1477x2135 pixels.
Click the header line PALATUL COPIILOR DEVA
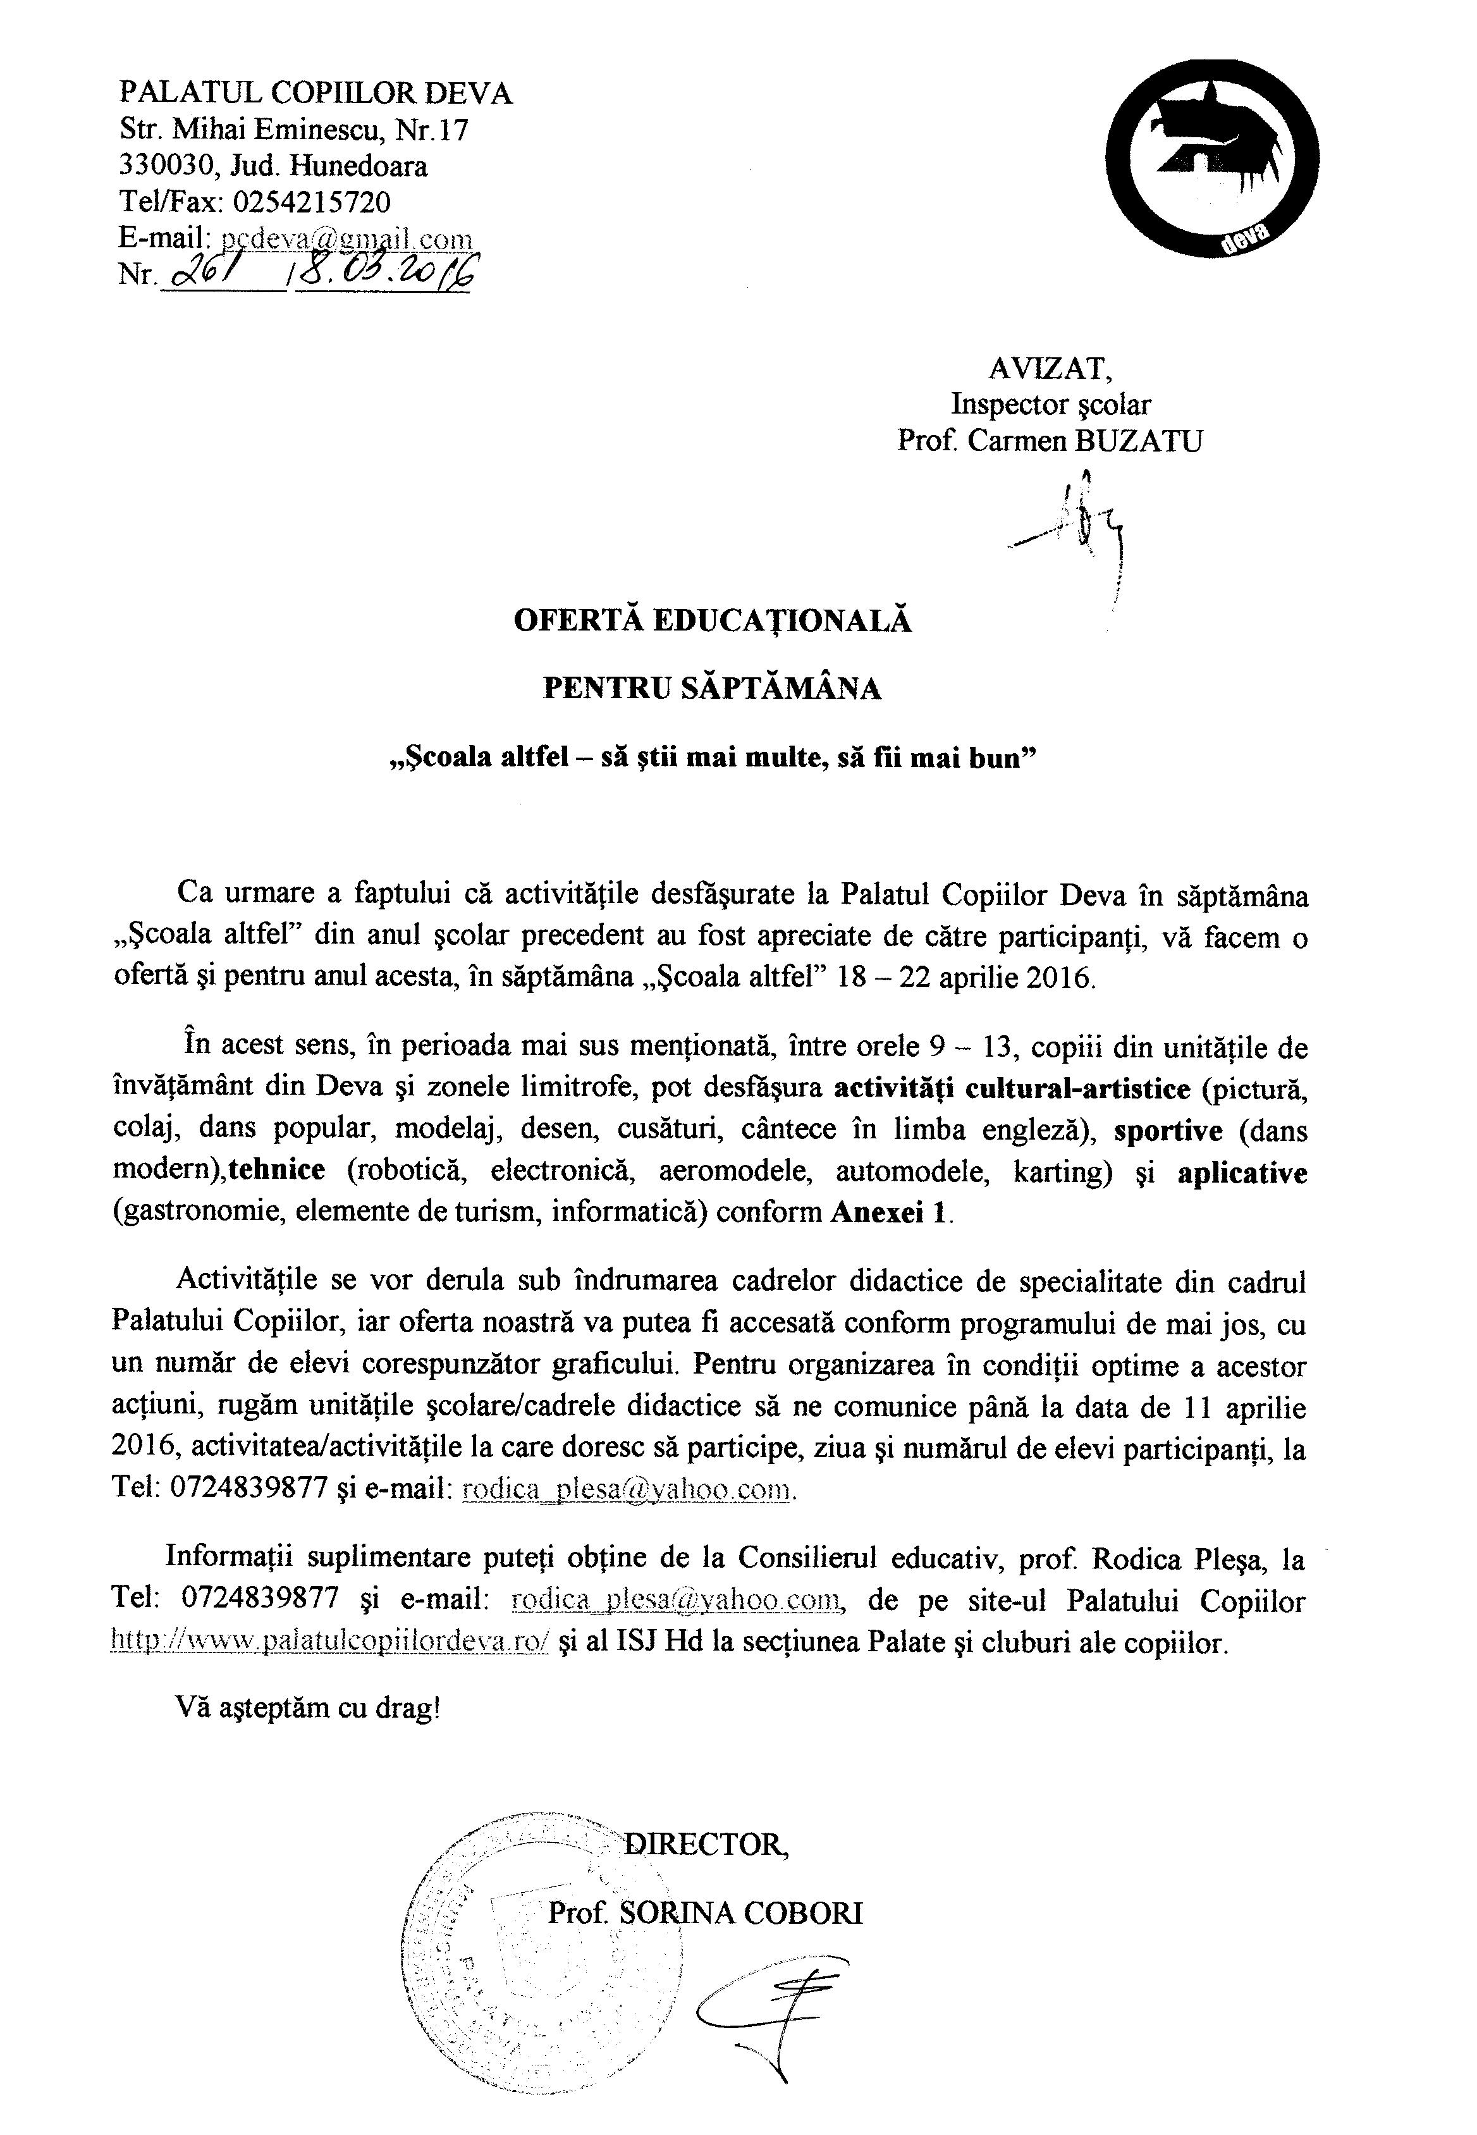tap(316, 94)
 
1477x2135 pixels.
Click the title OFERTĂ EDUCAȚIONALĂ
tap(713, 620)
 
